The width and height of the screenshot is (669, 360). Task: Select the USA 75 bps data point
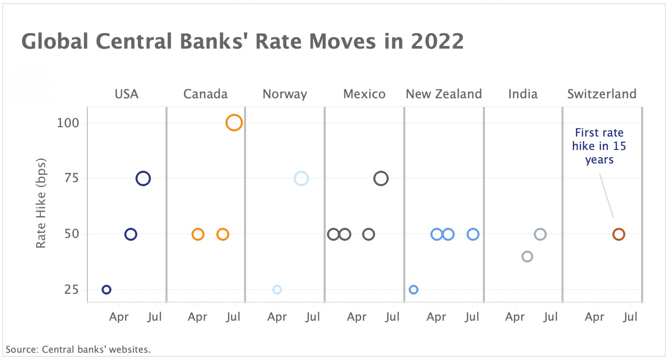(x=143, y=178)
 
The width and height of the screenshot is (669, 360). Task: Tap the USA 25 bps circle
(x=107, y=290)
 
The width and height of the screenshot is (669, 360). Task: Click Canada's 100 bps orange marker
(x=234, y=123)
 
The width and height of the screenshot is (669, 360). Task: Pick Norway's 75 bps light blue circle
(x=301, y=178)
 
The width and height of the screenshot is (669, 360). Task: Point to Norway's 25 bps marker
(x=277, y=290)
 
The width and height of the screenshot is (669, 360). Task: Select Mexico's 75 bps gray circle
(x=381, y=178)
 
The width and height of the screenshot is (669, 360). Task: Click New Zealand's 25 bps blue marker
(x=414, y=290)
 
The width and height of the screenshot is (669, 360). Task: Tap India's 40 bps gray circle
(x=527, y=257)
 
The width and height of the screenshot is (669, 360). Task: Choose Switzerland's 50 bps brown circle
(x=619, y=234)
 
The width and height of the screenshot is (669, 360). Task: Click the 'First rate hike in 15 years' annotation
(x=599, y=146)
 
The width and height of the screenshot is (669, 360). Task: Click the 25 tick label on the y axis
(x=71, y=290)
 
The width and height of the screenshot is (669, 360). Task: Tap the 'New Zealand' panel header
(x=444, y=94)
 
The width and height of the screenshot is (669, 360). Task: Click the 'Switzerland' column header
(x=602, y=94)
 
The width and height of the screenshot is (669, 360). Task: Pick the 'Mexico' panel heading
(x=364, y=94)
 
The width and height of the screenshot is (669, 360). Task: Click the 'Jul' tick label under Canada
(x=234, y=317)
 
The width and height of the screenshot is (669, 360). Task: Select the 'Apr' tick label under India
(x=515, y=317)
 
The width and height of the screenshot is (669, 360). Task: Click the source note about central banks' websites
(x=78, y=350)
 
